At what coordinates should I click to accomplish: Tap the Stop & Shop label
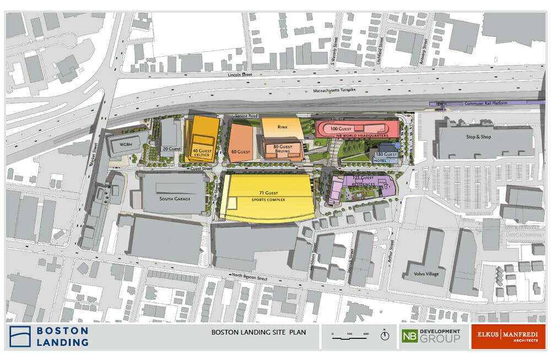point(470,137)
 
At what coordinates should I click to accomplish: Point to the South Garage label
point(174,198)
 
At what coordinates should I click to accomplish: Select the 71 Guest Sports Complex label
point(268,195)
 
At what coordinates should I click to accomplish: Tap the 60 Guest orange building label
point(240,152)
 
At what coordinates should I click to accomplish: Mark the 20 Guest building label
point(171,149)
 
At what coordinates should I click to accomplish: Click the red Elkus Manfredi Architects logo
point(508,336)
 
